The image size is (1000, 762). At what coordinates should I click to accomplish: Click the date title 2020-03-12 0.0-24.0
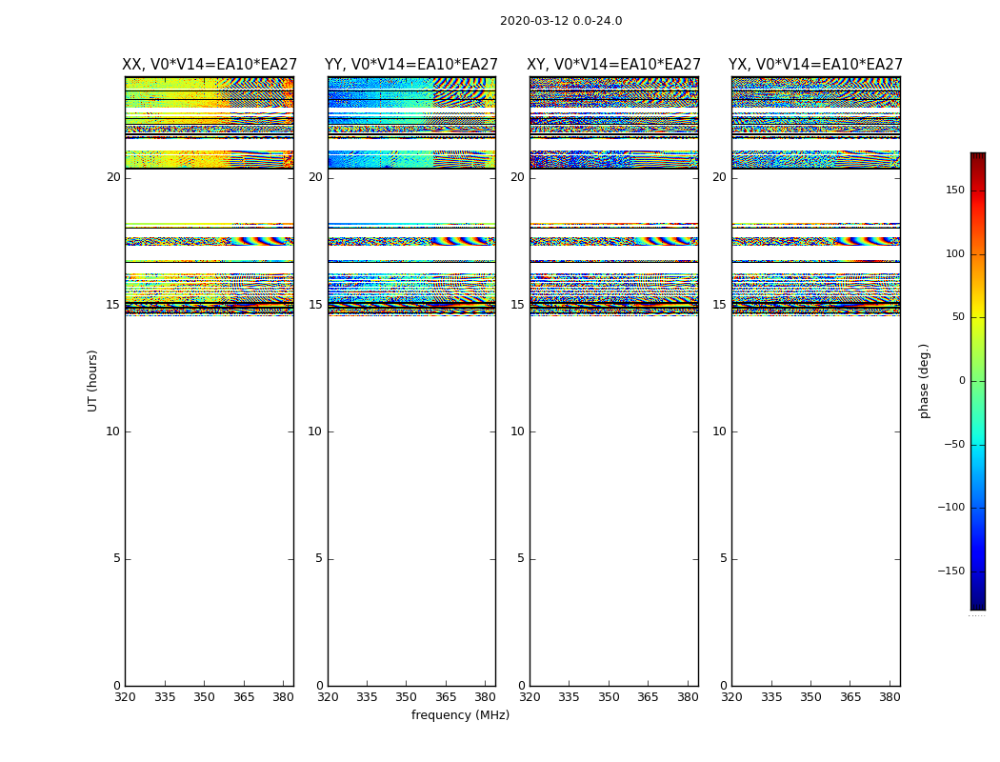click(x=561, y=21)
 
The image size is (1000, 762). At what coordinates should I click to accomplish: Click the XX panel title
click(x=210, y=65)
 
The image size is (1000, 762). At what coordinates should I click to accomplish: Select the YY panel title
click(x=411, y=65)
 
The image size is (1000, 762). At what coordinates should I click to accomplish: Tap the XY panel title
click(x=614, y=65)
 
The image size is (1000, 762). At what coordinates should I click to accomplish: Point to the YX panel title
click(x=815, y=65)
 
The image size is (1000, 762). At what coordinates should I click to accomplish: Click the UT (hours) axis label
click(x=92, y=380)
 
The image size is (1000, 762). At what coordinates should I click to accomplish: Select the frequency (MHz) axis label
click(x=460, y=715)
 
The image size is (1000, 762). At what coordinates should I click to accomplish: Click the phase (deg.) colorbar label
click(x=924, y=380)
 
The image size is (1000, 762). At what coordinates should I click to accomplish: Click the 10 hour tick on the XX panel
click(x=112, y=431)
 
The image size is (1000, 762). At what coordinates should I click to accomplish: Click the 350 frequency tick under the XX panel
click(x=205, y=696)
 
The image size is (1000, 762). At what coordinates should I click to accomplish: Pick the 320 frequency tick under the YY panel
click(x=328, y=696)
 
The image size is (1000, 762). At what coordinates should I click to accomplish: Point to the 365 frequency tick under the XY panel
click(x=648, y=696)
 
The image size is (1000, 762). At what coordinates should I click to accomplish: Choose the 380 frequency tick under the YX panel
click(x=890, y=696)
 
